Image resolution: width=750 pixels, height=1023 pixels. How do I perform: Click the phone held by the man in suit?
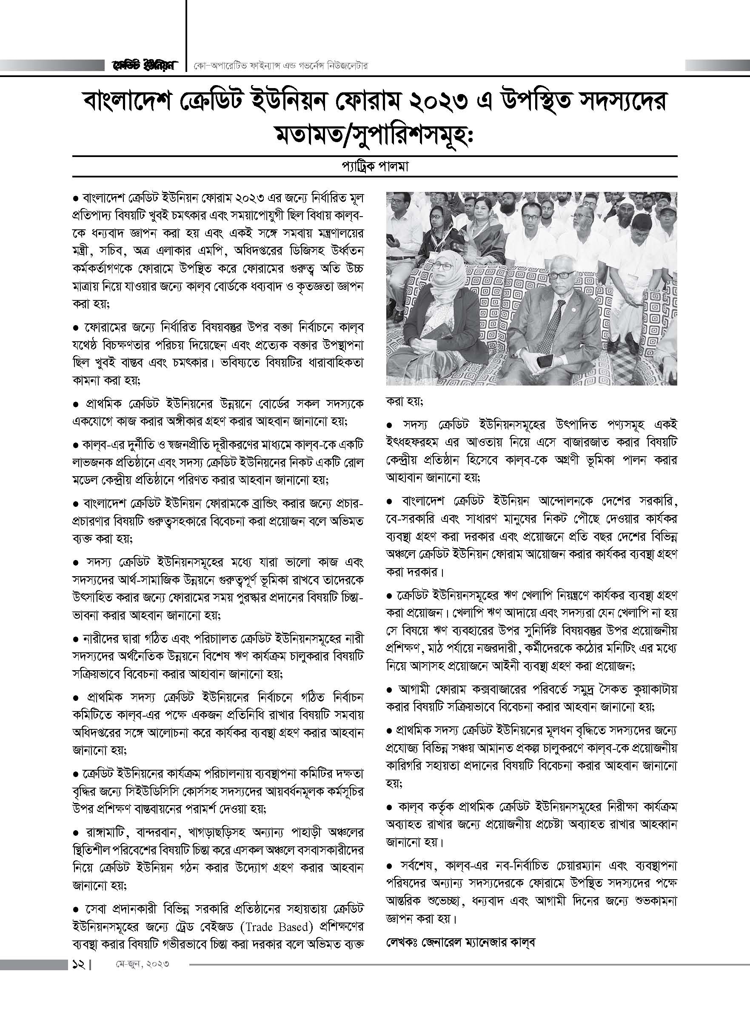click(x=545, y=361)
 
